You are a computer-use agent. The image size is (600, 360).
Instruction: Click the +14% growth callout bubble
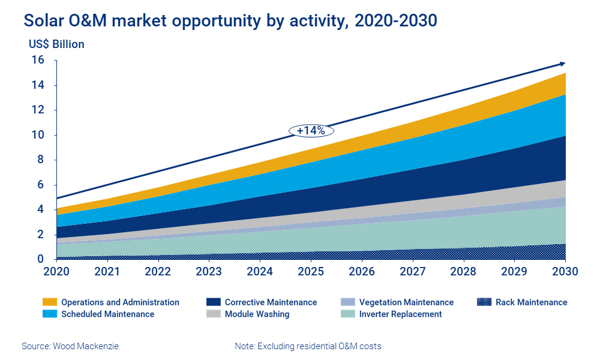point(311,130)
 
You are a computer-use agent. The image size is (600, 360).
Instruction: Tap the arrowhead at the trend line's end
point(562,64)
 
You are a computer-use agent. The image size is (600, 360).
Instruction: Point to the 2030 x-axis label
point(565,272)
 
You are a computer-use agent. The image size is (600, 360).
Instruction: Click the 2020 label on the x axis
point(56,272)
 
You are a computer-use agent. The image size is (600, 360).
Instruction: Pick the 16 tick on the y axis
point(38,60)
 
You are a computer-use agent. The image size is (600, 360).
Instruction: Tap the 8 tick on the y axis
point(41,160)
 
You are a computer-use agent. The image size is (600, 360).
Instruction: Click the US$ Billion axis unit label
point(56,44)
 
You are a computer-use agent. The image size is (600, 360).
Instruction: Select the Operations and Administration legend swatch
point(50,302)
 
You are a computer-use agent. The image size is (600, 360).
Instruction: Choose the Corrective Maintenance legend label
point(271,302)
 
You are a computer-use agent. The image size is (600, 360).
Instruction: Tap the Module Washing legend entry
point(257,314)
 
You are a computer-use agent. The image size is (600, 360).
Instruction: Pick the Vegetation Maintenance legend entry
point(406,302)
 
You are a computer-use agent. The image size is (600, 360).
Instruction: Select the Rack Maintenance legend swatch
point(484,302)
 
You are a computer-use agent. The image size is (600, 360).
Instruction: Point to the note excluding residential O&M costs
point(308,346)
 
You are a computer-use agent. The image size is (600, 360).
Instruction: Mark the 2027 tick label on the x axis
point(412,272)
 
